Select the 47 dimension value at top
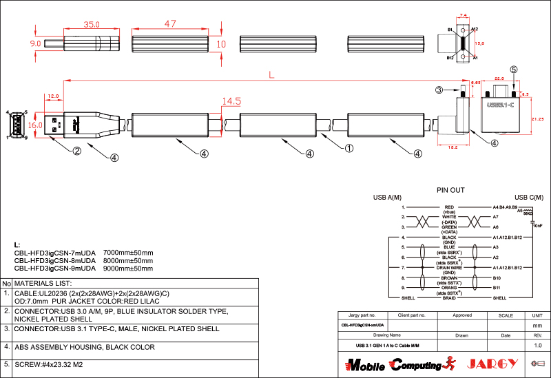tap(171, 23)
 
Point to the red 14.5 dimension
tap(231, 101)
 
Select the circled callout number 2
tap(77, 151)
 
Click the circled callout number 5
tap(513, 70)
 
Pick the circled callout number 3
tap(438, 90)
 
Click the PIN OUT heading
tap(450, 190)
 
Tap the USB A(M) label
tap(387, 198)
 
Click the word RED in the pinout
tap(449, 207)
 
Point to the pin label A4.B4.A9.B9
tap(505, 207)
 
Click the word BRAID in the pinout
tap(449, 297)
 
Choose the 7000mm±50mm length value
tap(127, 253)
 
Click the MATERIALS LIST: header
tap(43, 283)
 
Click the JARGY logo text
tap(492, 364)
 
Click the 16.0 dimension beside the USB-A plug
tap(36, 125)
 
